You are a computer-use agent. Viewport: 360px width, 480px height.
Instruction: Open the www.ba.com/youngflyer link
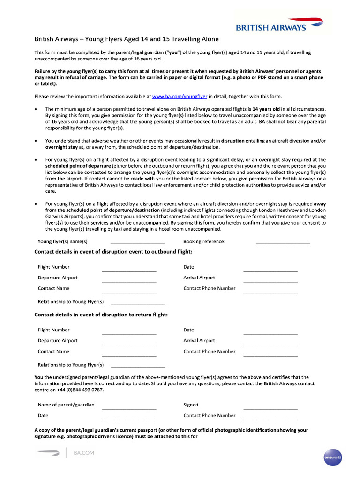180,97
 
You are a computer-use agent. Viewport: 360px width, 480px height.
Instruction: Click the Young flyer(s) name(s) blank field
137,242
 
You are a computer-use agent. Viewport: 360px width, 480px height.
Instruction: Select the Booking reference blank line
283,242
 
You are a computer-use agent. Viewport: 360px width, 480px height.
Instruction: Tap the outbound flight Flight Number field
129,269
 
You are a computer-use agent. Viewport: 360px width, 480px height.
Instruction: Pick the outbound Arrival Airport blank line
270,280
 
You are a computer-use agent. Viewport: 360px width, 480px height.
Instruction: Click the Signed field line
270,407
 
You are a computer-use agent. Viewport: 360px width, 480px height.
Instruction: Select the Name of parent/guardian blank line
129,407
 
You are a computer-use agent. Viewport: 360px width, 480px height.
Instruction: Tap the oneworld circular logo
332,456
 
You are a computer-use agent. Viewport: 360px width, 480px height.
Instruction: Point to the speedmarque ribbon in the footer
48,453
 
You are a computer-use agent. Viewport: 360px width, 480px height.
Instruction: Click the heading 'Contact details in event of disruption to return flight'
101,315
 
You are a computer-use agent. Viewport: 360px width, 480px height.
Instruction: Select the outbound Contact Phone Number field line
270,291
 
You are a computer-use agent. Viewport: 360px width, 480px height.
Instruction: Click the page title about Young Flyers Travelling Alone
127,39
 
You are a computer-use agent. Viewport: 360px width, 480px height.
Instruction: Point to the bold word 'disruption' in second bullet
233,141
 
